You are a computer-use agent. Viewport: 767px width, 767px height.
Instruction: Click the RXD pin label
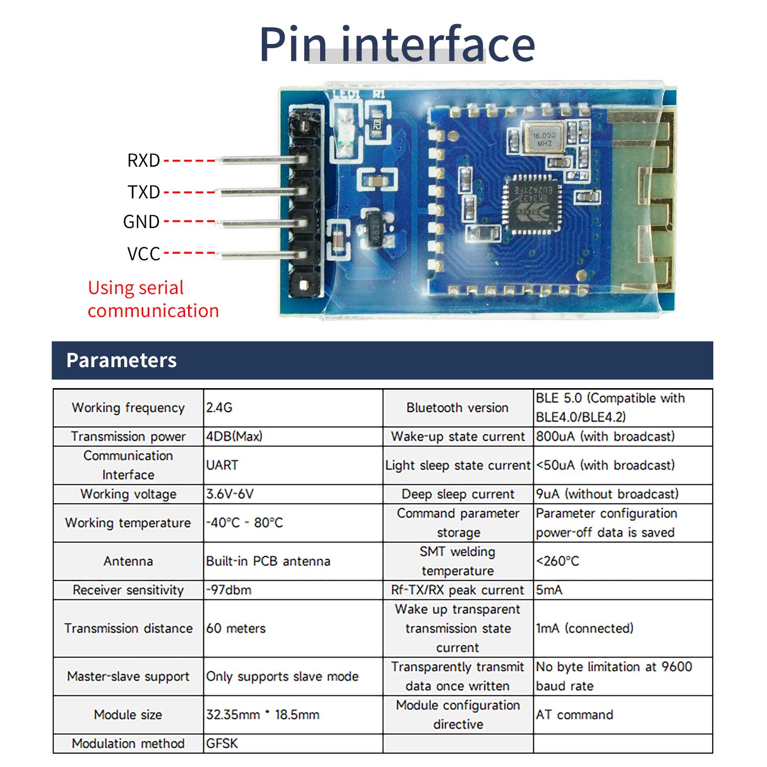[144, 161]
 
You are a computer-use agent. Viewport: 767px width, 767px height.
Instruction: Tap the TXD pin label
[144, 192]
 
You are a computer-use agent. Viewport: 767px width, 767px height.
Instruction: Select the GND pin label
[142, 222]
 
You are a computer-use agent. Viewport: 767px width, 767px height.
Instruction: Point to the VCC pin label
[144, 254]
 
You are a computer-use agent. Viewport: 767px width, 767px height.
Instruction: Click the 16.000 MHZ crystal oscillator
[543, 139]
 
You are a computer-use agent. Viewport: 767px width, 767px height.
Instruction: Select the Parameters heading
[122, 360]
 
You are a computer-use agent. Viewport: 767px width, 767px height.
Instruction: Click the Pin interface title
[397, 45]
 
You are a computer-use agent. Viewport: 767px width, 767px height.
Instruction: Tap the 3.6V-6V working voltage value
[230, 494]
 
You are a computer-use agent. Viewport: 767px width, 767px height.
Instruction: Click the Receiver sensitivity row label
[128, 590]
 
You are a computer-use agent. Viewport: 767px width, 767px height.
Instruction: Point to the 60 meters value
[236, 628]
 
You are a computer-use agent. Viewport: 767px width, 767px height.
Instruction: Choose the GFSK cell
[222, 743]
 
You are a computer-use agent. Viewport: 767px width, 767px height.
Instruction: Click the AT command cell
[574, 715]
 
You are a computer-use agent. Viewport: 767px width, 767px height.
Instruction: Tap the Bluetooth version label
[457, 408]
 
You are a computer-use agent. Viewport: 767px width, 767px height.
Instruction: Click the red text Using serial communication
[153, 299]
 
